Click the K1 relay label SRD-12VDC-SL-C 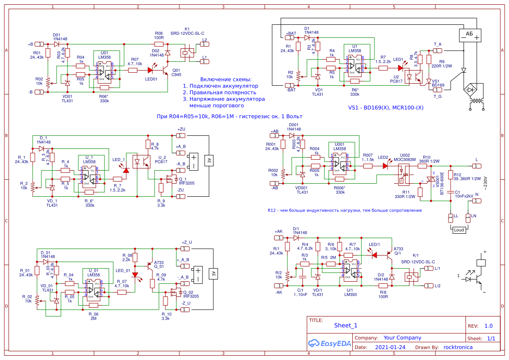(188, 34)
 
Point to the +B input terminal (39, 44)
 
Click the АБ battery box (470, 35)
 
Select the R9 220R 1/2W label (442, 64)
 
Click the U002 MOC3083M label (405, 157)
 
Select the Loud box (459, 230)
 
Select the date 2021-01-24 (390, 347)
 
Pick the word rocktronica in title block (458, 347)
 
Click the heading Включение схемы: (226, 80)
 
